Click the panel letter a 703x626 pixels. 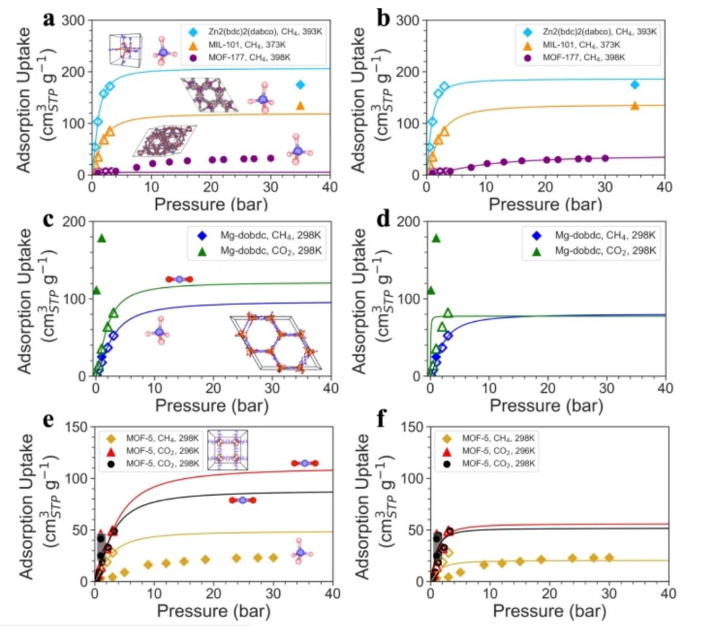(x=48, y=20)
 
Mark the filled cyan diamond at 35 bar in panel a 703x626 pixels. (x=300, y=85)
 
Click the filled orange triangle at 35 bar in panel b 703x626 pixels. (x=635, y=106)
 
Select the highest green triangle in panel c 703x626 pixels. (x=102, y=238)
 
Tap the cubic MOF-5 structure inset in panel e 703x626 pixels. (x=228, y=449)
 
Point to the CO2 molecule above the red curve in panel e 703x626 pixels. (x=304, y=463)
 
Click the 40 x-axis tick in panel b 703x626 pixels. (x=664, y=186)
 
